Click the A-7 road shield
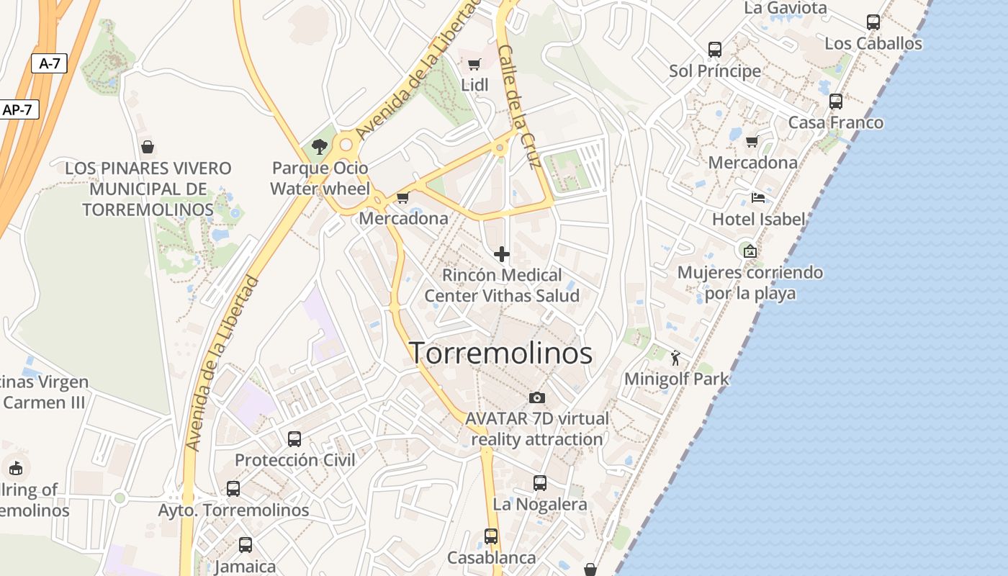pyautogui.click(x=49, y=63)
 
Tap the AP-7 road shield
pyautogui.click(x=17, y=110)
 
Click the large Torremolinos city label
pyautogui.click(x=501, y=353)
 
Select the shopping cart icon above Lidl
pyautogui.click(x=474, y=64)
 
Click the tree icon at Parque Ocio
pyautogui.click(x=320, y=147)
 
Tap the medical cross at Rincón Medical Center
pyautogui.click(x=502, y=253)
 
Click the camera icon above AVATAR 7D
pyautogui.click(x=537, y=397)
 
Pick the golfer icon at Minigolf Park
pyautogui.click(x=675, y=358)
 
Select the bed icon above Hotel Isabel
pyautogui.click(x=758, y=197)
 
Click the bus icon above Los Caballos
pyautogui.click(x=873, y=22)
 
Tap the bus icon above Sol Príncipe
pyautogui.click(x=715, y=50)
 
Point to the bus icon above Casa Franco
pyautogui.click(x=836, y=102)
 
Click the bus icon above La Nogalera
pyautogui.click(x=540, y=483)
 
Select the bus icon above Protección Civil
pyautogui.click(x=294, y=438)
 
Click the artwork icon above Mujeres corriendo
pyautogui.click(x=750, y=251)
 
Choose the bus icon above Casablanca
pyautogui.click(x=491, y=536)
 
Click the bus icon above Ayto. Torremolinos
pyautogui.click(x=233, y=489)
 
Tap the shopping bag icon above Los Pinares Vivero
pyautogui.click(x=148, y=148)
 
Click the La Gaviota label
pyautogui.click(x=786, y=8)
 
